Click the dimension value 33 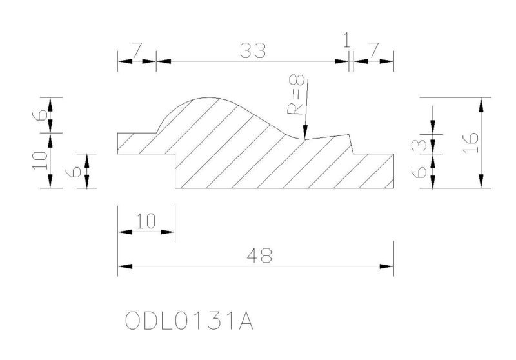pos(253,50)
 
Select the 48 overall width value pos(260,255)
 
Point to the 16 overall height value pos(471,142)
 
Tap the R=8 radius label pos(296,95)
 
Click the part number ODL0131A pos(189,321)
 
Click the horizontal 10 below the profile pos(146,221)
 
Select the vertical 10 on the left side pos(39,160)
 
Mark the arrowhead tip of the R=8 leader pos(305,139)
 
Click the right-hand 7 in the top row pos(373,50)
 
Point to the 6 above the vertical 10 pos(40,115)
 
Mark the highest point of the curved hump pos(208,97)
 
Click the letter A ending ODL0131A pos(246,321)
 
